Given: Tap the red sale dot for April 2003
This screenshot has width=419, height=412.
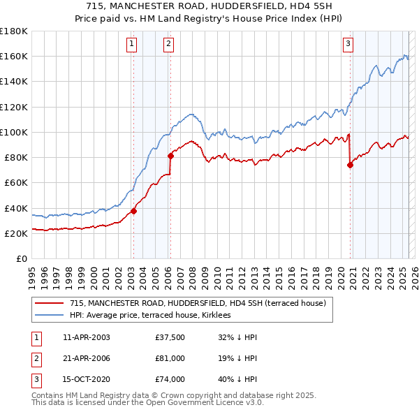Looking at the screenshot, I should [x=133, y=211].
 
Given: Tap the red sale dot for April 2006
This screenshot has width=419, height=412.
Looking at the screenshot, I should [x=170, y=156].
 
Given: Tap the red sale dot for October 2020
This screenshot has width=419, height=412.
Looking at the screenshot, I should [x=350, y=165].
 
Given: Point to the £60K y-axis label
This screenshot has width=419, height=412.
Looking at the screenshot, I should [x=15, y=183].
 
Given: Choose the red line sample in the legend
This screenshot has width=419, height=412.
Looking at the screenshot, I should [x=50, y=304].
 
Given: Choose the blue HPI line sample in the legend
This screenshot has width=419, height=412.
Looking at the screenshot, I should [x=50, y=316].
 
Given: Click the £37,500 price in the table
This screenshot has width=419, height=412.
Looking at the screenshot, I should [x=170, y=337].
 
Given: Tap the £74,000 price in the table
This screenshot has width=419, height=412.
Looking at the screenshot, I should [x=170, y=379].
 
